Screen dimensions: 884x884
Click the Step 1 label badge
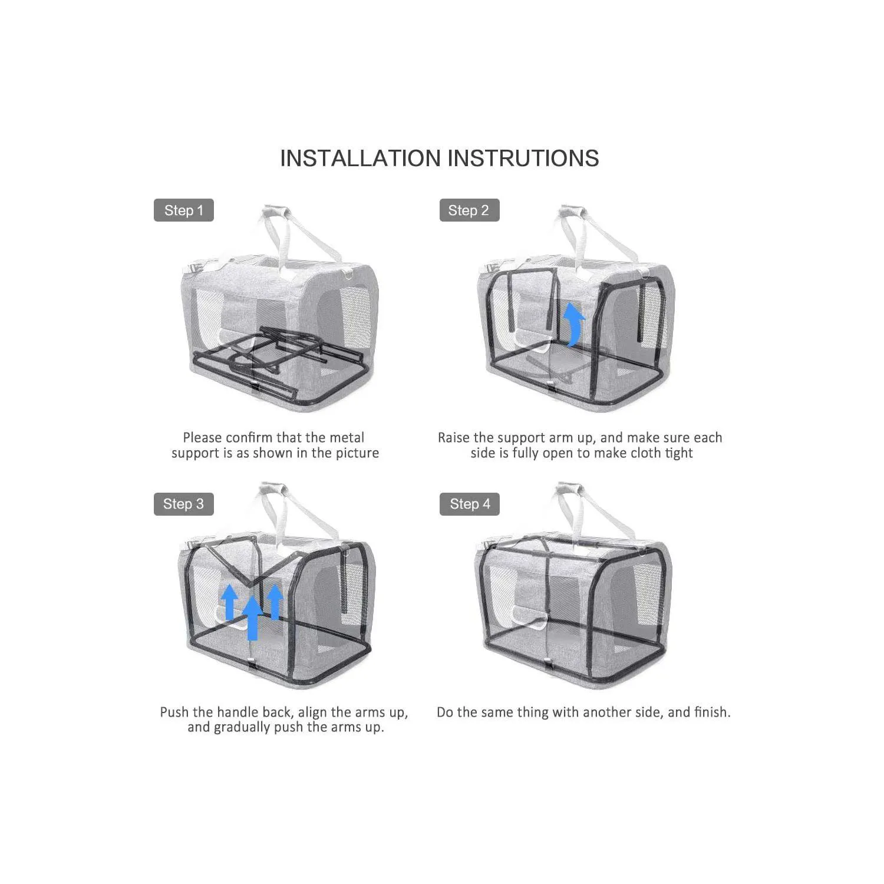(x=183, y=210)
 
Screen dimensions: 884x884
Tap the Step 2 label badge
(x=469, y=210)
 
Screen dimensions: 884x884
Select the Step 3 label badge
(x=183, y=504)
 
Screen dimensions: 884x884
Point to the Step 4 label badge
(x=469, y=504)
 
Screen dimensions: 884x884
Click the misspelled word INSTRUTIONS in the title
(x=523, y=159)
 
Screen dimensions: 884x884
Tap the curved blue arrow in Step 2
(x=573, y=325)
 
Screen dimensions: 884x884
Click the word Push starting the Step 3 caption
(x=174, y=713)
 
